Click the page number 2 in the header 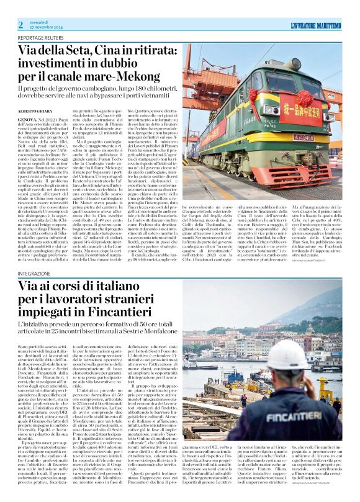(20, 24)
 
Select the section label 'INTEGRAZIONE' (35, 274)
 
